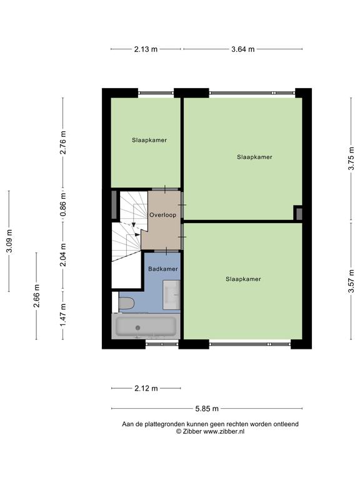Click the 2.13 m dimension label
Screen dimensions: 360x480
[146, 49]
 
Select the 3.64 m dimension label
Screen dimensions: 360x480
[242, 49]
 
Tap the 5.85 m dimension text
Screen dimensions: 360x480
[207, 408]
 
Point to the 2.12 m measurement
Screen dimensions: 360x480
[146, 389]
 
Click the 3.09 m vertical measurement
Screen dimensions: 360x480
[9, 241]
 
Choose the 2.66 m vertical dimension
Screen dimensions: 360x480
[36, 296]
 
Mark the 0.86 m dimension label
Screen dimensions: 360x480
[62, 204]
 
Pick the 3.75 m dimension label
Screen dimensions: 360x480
[351, 158]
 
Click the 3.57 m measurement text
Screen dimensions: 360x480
[351, 281]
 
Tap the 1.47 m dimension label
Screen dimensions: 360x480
[62, 315]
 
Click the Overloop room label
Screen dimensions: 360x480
[163, 215]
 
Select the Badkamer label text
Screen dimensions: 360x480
[163, 269]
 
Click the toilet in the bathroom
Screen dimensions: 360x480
[126, 303]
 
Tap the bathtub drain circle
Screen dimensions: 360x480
[137, 328]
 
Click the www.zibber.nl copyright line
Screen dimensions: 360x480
[210, 431]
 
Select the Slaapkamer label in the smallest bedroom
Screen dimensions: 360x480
[149, 140]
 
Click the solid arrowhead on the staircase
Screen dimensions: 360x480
[137, 234]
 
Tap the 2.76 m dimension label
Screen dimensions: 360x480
[62, 142]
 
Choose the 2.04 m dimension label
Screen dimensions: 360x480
[62, 255]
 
